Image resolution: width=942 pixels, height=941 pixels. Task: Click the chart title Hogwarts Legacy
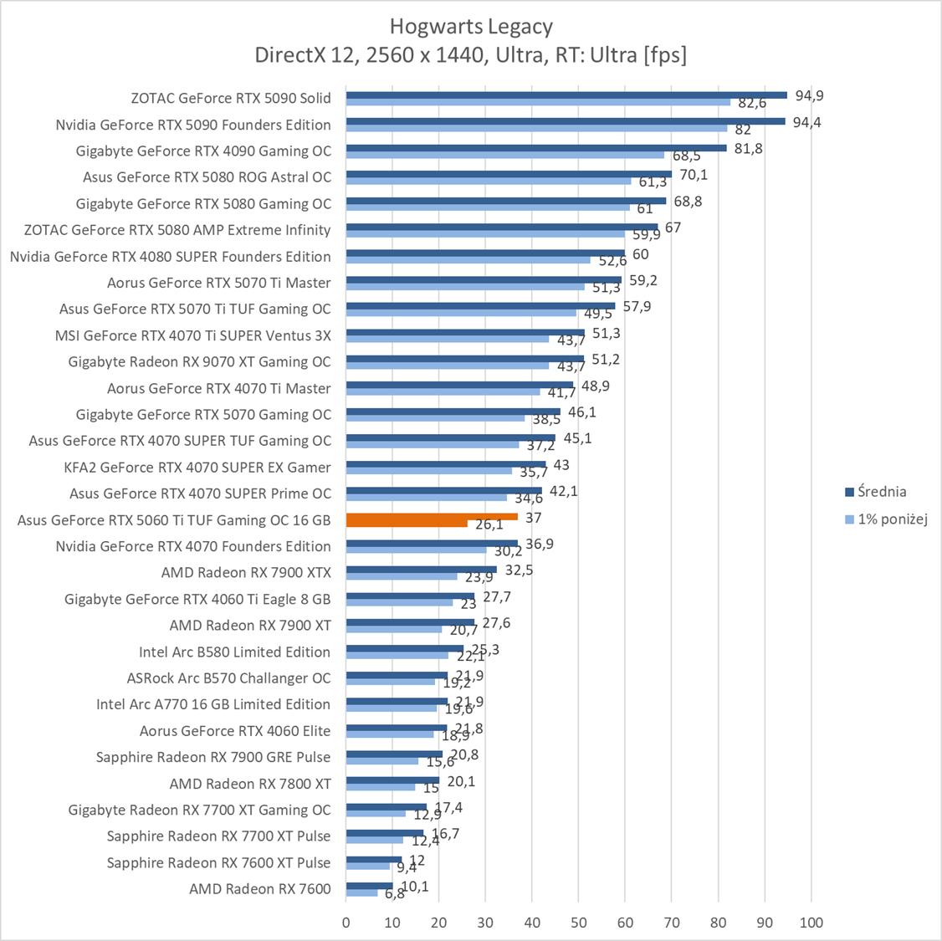tap(471, 27)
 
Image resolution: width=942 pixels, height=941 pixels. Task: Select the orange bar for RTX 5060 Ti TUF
tap(431, 517)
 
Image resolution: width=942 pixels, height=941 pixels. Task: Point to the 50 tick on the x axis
tap(578, 923)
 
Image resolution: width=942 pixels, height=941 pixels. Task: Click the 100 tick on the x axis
tap(811, 923)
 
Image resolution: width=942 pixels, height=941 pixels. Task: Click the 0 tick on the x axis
tap(346, 923)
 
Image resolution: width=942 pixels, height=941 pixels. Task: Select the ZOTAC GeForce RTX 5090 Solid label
tap(231, 98)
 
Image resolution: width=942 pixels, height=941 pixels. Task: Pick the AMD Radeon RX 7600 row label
tap(260, 888)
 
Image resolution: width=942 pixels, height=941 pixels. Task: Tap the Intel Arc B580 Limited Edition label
tap(235, 652)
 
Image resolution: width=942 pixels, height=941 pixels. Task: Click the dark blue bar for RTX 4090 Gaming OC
tap(535, 148)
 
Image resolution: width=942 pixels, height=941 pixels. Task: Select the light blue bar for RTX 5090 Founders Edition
tap(536, 128)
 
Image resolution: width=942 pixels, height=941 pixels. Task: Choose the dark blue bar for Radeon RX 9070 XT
tap(464, 359)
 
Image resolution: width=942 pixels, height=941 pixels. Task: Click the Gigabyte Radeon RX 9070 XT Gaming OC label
tap(199, 361)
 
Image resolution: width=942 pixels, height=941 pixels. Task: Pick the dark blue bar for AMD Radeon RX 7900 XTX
tap(421, 570)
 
